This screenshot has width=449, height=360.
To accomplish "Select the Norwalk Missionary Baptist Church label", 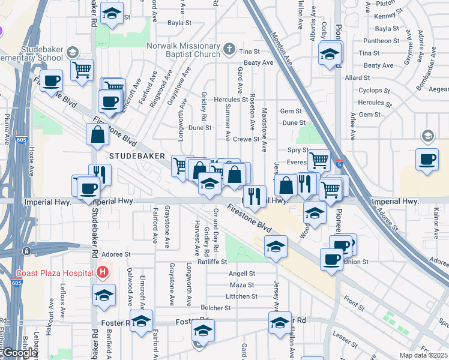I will click(184, 49).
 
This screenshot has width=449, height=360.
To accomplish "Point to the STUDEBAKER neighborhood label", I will click(137, 155).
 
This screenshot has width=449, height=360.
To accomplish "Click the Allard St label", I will click(358, 78).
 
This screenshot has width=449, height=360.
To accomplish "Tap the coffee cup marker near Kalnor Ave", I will click(427, 160).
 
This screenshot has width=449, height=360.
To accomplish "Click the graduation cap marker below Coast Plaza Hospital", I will click(104, 295).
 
